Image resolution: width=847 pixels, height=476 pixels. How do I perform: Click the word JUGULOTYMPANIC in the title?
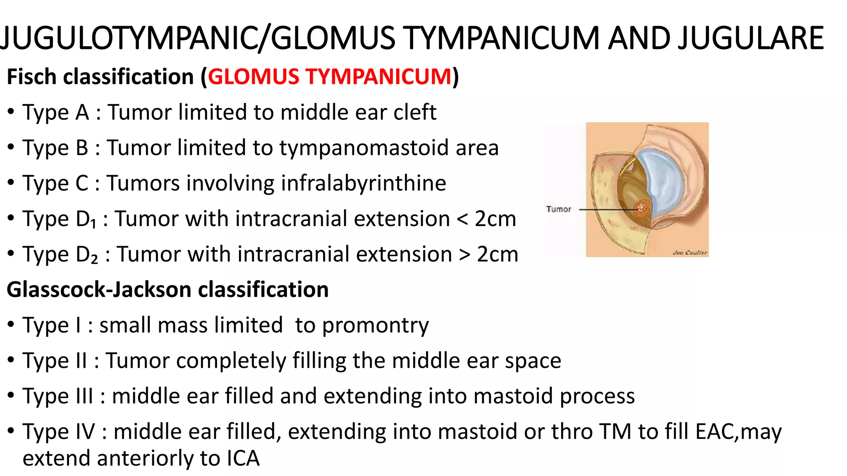pyautogui.click(x=128, y=38)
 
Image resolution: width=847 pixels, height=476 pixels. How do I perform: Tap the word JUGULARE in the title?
pyautogui.click(x=751, y=38)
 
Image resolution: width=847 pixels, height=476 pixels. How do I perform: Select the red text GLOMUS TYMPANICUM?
pyautogui.click(x=330, y=77)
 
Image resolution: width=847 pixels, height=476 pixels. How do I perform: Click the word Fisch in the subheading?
pyautogui.click(x=31, y=77)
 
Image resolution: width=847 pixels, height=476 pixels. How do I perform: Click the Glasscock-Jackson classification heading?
pyautogui.click(x=167, y=290)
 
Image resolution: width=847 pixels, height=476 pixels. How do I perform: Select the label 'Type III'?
pyautogui.click(x=58, y=396)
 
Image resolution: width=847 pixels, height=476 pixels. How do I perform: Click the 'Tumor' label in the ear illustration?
pyautogui.click(x=558, y=209)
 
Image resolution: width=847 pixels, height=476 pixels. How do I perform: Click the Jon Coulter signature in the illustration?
pyautogui.click(x=689, y=252)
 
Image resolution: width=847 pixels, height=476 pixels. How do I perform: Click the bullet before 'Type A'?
pyautogui.click(x=11, y=112)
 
